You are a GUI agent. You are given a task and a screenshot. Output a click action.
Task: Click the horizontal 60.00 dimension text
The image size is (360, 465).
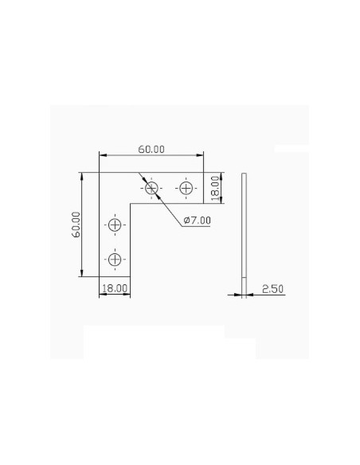(151, 150)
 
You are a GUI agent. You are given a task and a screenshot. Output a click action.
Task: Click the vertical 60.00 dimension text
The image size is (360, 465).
(76, 225)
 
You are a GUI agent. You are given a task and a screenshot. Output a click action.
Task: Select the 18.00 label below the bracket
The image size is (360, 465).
(115, 288)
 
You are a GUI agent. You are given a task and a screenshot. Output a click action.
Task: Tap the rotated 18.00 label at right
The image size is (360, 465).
(215, 188)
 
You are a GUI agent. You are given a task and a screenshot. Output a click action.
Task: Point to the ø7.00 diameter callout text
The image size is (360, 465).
(198, 221)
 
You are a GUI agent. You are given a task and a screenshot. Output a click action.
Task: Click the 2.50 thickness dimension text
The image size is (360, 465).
(273, 289)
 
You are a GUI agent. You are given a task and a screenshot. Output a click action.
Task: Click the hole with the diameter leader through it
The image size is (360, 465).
(151, 188)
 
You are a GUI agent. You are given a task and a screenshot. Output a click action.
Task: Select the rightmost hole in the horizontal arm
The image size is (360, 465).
(186, 188)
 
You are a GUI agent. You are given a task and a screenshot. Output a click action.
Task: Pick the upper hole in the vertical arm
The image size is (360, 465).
(115, 225)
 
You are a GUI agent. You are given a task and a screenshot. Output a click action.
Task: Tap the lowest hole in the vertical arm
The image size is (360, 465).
(115, 260)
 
